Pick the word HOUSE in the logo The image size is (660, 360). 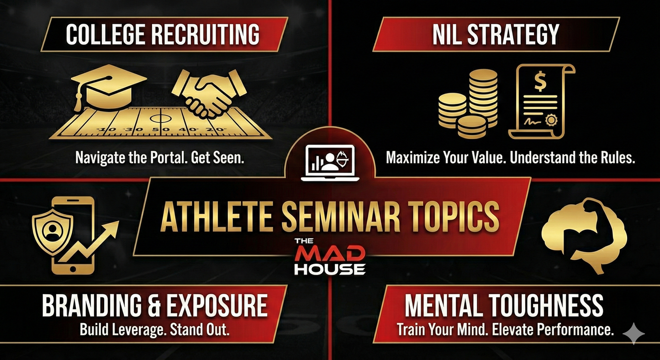330,269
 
